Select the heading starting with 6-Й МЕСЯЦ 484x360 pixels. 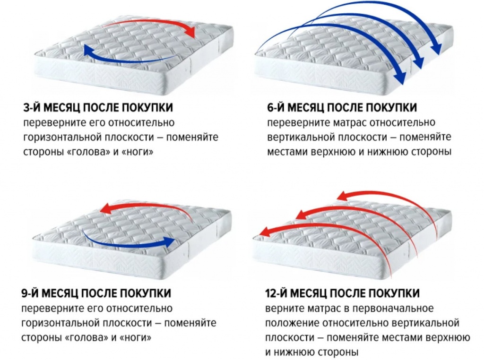[342, 107]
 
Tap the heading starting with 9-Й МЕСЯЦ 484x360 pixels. [96, 293]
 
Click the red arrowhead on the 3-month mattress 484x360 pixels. [190, 32]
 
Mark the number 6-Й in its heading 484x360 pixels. [276, 107]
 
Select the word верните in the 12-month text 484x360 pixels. [282, 309]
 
